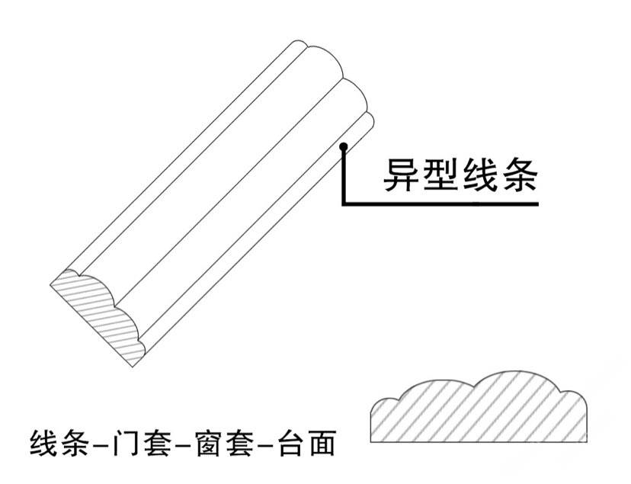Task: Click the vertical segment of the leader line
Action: [344, 175]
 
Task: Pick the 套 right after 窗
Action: [240, 444]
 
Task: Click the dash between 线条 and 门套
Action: [100, 444]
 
